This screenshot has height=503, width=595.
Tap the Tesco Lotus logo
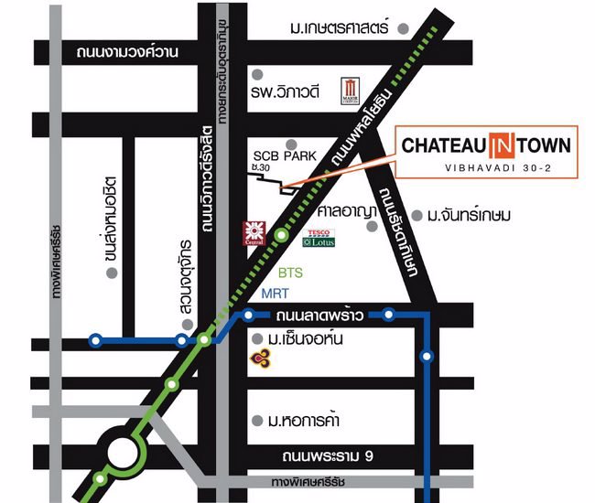[x=319, y=238]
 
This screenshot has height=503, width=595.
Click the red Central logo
[x=254, y=232]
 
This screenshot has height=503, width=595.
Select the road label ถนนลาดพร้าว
[x=319, y=316]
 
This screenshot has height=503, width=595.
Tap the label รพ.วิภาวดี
[x=291, y=91]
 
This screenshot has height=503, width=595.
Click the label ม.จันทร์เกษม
[x=469, y=216]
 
